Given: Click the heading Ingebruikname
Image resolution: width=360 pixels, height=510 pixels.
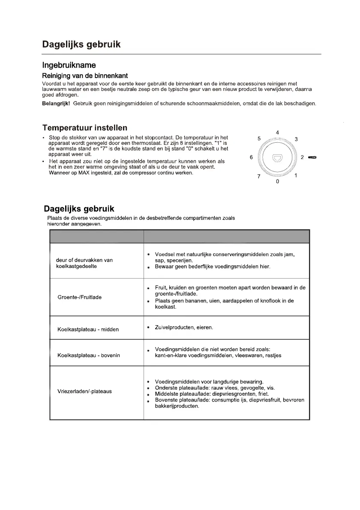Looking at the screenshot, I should click(69, 66).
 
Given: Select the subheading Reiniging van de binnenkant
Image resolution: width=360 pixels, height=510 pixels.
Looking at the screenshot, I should click(85, 76).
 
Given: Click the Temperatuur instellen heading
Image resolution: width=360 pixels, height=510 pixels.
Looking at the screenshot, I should click(84, 128).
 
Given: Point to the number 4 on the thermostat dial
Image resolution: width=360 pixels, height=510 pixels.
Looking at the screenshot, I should click(277, 133).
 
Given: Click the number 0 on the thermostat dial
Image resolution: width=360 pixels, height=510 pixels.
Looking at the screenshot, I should click(277, 182).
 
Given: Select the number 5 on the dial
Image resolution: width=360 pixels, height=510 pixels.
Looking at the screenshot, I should click(259, 139).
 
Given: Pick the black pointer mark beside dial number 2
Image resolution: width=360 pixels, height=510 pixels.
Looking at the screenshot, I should click(312, 158).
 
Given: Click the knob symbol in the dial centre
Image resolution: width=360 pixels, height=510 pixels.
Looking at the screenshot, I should click(277, 158).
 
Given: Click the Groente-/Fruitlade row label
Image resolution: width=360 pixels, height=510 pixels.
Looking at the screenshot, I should click(79, 297).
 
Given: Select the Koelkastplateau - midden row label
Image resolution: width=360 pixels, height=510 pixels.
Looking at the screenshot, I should click(88, 330).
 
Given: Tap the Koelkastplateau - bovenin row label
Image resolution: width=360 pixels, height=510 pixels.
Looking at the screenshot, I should click(89, 355).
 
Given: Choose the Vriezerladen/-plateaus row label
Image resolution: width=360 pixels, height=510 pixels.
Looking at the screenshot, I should click(84, 391).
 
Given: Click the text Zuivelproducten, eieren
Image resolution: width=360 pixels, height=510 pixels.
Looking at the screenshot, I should click(184, 327).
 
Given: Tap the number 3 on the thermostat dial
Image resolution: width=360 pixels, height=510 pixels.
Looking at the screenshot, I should click(296, 139).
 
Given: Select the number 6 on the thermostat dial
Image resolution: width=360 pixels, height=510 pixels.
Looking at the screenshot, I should click(251, 157).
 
